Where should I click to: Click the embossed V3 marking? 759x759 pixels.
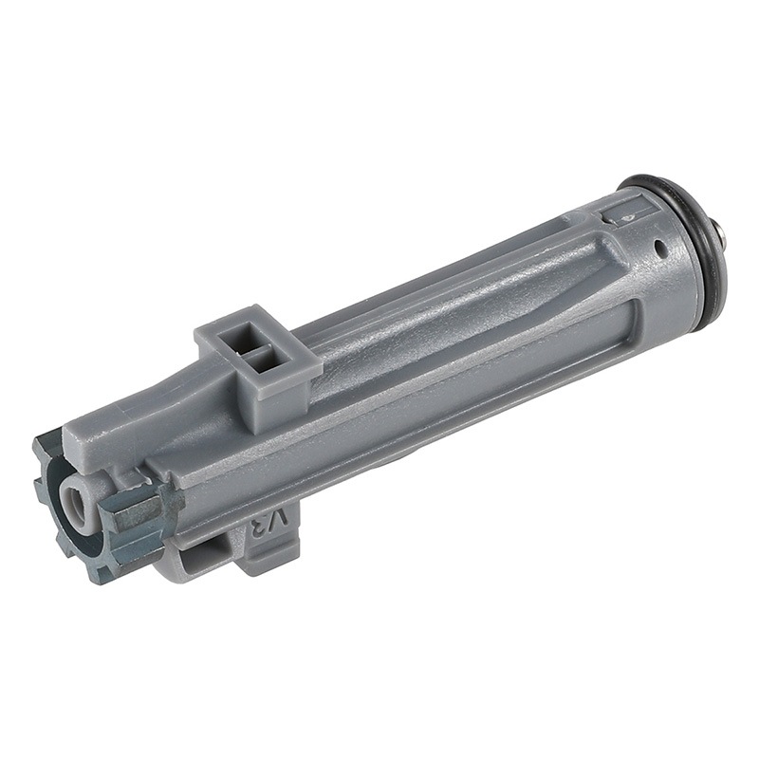(269, 523)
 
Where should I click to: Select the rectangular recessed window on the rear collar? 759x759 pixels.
(627, 212)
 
